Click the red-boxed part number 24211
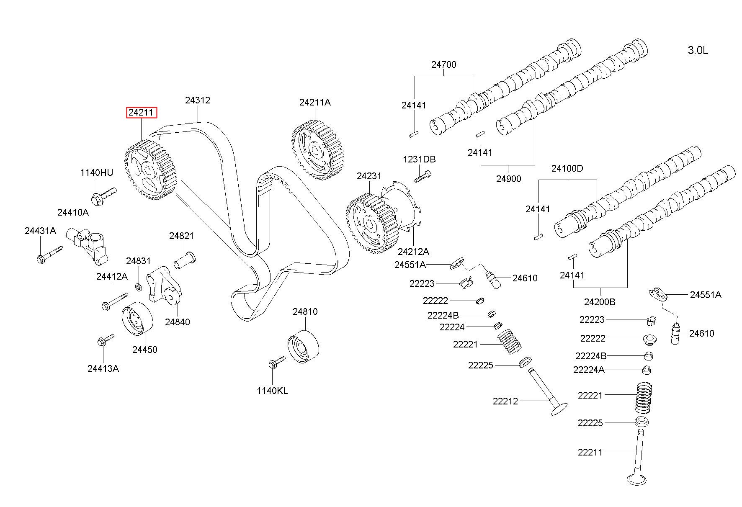point(142,113)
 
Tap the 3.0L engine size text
point(698,51)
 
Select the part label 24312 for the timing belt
point(198,100)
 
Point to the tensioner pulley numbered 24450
point(137,318)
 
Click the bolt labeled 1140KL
point(276,363)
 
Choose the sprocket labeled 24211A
point(317,150)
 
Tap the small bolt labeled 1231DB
point(423,176)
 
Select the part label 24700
point(444,64)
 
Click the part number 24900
point(509,179)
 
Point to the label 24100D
point(567,168)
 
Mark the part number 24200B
point(600,301)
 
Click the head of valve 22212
point(559,409)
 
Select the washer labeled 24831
point(138,287)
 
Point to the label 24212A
point(413,252)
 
